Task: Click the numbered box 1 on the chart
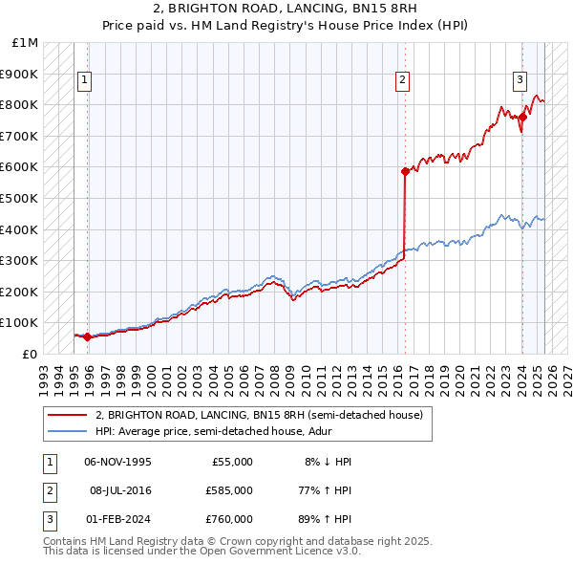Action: [86, 80]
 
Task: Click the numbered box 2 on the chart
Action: [403, 80]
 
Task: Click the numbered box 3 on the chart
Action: [521, 80]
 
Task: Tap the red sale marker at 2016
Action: [405, 172]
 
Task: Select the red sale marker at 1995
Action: [87, 336]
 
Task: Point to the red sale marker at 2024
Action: [522, 118]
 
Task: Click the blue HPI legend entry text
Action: [241, 431]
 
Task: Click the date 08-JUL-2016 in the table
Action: [120, 490]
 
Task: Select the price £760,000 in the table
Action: [229, 519]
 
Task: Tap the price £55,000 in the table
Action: [232, 462]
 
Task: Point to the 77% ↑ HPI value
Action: [326, 490]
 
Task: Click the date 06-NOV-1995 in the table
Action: [118, 462]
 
